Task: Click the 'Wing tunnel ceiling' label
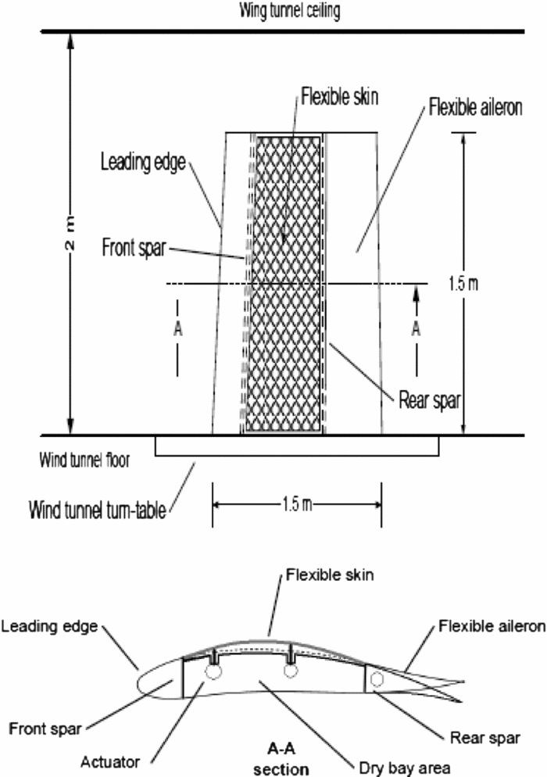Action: tap(273, 10)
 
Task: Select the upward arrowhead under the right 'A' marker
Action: tap(416, 292)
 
